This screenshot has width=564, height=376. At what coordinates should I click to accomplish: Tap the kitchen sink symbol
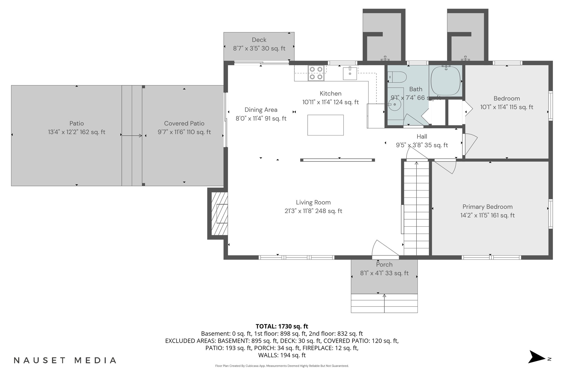coord(350,74)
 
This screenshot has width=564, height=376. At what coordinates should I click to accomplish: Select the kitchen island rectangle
coord(325,125)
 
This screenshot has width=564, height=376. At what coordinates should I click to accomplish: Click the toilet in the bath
coord(397,77)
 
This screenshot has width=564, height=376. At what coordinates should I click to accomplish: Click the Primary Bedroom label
coord(487,207)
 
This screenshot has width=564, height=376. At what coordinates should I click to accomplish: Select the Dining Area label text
coord(261,110)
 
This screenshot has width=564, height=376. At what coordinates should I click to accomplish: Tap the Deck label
coord(259,40)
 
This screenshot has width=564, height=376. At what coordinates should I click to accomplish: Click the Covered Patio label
coord(184,123)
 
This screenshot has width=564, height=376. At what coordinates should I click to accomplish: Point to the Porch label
coord(384,265)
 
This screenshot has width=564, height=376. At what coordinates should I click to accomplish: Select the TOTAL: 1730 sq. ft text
coord(282,326)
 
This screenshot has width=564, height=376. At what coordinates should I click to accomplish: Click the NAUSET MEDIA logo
coord(65,360)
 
